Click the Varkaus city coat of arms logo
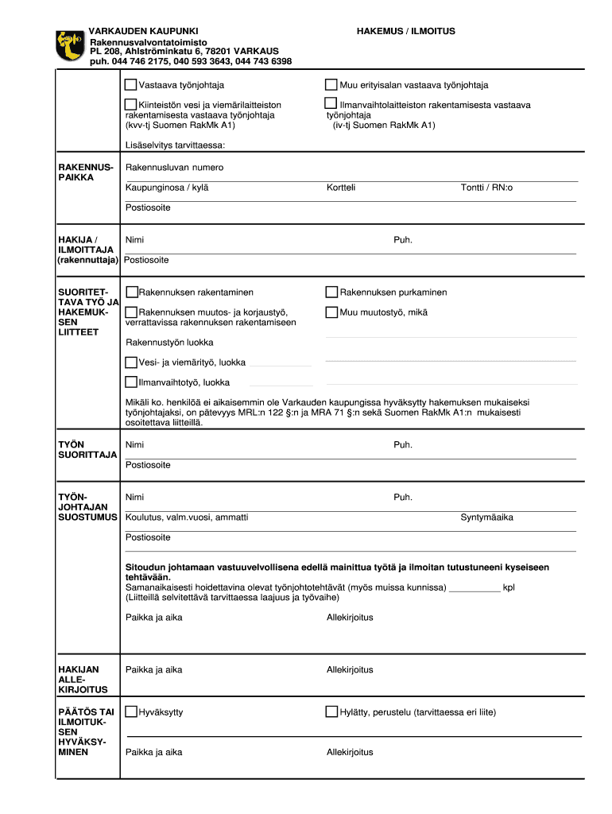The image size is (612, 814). click(69, 45)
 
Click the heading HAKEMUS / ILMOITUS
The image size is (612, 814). click(405, 31)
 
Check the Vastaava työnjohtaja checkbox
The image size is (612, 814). click(131, 85)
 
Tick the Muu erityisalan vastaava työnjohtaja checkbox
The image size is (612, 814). click(331, 85)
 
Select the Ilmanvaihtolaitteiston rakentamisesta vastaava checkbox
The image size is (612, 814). click(331, 104)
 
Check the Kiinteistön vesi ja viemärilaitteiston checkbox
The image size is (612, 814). click(131, 105)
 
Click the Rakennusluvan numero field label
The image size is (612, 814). click(174, 168)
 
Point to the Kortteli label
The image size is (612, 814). click(340, 188)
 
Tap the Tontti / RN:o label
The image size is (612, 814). click(486, 188)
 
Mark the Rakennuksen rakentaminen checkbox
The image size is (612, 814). click(132, 293)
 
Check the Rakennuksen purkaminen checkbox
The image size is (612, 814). click(331, 293)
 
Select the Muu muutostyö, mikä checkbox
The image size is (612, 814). click(331, 312)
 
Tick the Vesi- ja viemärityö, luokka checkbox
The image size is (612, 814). click(131, 362)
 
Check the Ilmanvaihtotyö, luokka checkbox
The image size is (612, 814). click(131, 382)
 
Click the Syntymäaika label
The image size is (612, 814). click(486, 517)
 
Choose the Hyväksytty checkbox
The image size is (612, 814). click(132, 712)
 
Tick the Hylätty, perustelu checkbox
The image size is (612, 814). click(331, 712)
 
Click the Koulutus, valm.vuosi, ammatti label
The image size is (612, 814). click(187, 517)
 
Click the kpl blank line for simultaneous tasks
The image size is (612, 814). click(474, 590)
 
